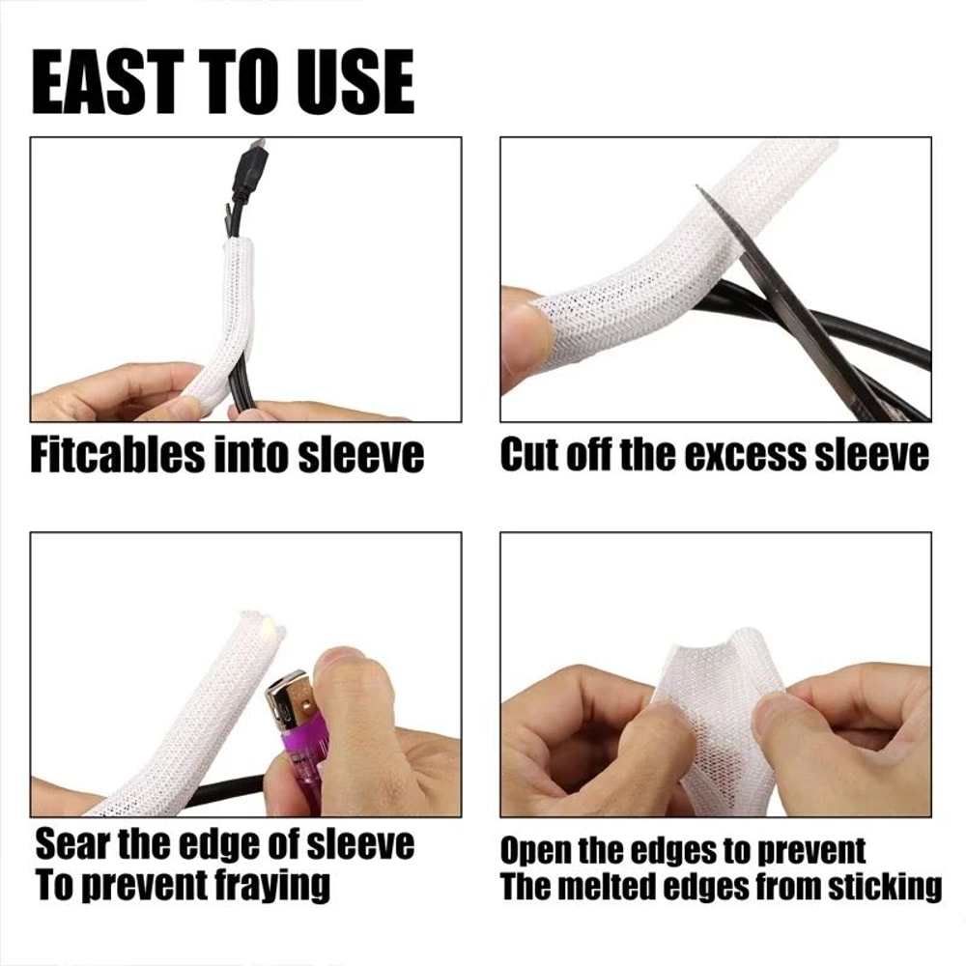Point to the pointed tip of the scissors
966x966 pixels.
coord(699,190)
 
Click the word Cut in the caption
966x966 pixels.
coord(528,454)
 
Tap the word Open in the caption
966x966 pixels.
coord(538,851)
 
